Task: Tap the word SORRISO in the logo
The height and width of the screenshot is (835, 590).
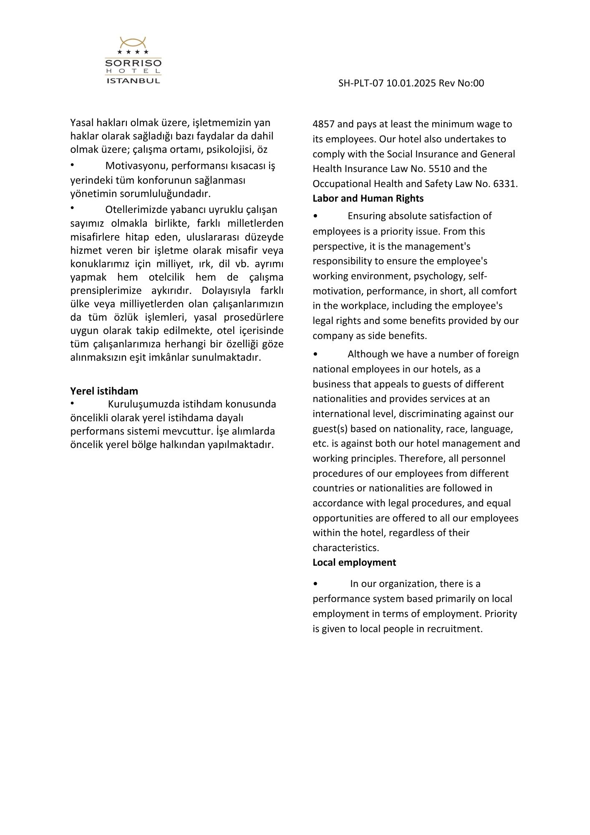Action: [133, 63]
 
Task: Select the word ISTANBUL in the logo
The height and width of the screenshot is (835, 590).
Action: [133, 81]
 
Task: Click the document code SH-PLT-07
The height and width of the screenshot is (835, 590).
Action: [361, 83]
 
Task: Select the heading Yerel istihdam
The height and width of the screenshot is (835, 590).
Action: [104, 391]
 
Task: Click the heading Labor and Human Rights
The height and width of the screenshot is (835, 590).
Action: [368, 198]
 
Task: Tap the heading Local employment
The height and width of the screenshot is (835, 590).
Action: [354, 562]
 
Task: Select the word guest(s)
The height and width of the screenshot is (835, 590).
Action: [330, 429]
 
